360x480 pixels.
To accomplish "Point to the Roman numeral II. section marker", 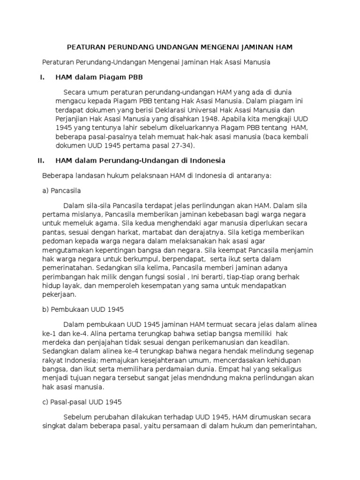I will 41,160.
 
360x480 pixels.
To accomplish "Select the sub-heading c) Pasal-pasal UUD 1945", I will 82,402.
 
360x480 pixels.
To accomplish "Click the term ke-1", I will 48,334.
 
